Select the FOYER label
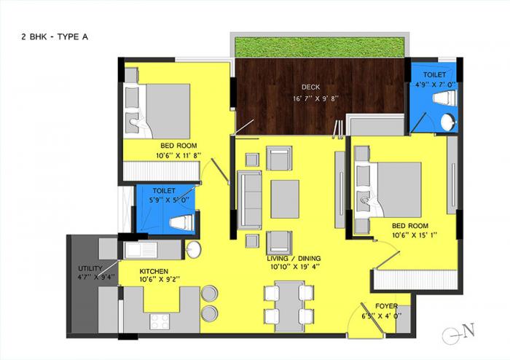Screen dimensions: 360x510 click(386, 307)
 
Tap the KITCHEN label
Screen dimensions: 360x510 click(154, 271)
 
